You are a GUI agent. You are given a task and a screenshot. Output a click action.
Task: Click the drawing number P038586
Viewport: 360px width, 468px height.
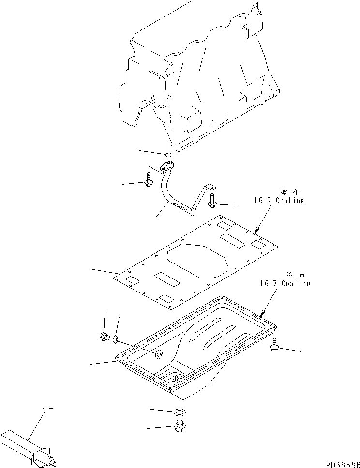point(340,463)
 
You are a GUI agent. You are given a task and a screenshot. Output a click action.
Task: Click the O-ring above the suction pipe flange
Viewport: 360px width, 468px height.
point(168,156)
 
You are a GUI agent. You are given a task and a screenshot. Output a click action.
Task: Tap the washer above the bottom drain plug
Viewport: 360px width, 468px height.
point(180,412)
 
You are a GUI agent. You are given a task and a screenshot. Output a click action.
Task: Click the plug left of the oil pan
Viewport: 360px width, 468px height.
point(104,337)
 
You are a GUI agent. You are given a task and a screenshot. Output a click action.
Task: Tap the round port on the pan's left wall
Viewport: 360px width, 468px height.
point(158,355)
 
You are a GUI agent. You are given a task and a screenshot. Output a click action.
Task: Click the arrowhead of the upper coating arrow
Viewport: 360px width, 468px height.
point(255,234)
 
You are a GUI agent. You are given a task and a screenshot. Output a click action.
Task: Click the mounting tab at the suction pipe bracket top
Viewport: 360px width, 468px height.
point(212,186)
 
